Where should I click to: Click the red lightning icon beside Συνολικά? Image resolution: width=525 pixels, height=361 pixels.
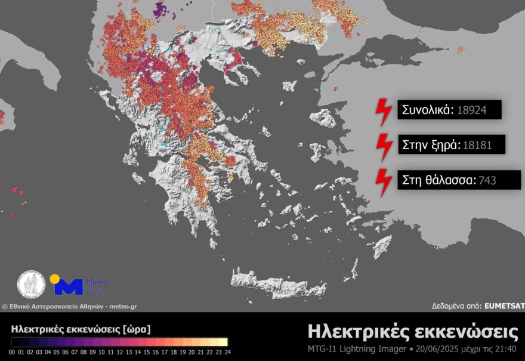click(382, 111)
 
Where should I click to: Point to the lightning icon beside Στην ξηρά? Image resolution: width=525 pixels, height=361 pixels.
click(382, 145)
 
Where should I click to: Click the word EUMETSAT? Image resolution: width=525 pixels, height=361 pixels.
click(505, 306)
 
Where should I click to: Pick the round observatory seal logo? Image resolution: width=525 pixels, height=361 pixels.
click(31, 285)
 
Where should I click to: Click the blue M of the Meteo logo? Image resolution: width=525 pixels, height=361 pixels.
click(69, 287)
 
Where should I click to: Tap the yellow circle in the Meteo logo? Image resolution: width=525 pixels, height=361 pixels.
click(55, 279)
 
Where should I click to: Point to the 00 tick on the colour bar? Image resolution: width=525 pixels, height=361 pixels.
click(13, 352)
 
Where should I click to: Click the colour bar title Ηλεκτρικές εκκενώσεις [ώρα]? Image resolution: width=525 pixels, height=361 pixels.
click(81, 329)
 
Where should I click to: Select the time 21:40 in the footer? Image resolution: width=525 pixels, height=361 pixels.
click(505, 348)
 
